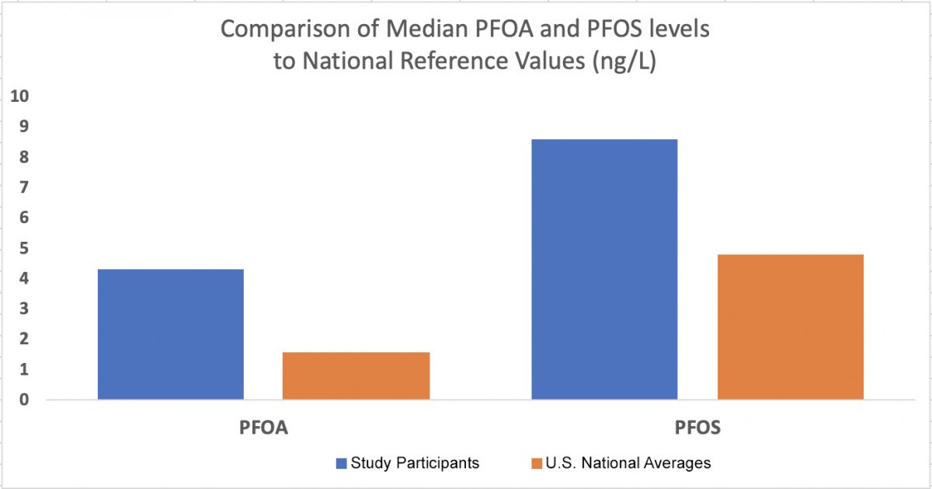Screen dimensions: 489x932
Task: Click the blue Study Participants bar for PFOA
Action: pos(170,334)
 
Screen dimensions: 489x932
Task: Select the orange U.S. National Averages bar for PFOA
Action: pos(356,376)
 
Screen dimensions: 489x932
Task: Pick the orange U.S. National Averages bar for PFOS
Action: pos(790,327)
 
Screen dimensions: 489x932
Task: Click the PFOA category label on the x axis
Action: pos(263,428)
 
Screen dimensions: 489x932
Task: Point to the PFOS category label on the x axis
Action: pos(697,428)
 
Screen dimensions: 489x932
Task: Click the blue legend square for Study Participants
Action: pos(341,463)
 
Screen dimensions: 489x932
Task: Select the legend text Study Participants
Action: pos(415,463)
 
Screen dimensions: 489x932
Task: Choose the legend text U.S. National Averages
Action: pos(628,463)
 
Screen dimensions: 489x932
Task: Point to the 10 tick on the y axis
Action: pos(19,96)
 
